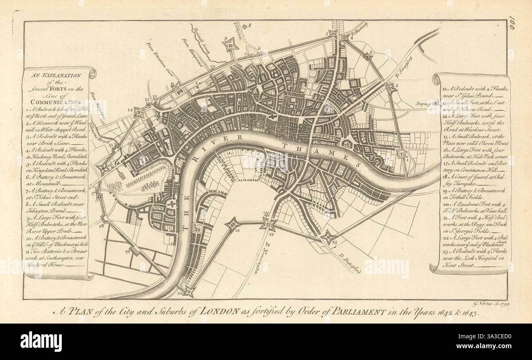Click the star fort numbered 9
[x=231, y=44]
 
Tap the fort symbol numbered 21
[x=232, y=224]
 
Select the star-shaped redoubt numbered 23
[x=328, y=237]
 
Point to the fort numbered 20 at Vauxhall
[x=188, y=291]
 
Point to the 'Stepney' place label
[x=435, y=104]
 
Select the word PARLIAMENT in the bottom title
[x=358, y=312]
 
